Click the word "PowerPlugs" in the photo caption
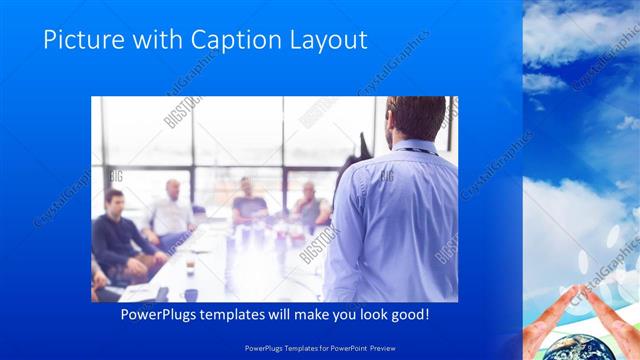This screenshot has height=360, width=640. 160,315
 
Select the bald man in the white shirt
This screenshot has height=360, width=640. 171,212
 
